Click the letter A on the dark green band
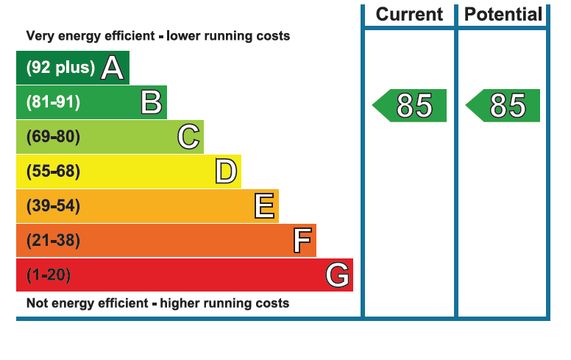pos(112,68)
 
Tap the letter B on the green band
pos(151,102)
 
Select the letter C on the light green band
pos(188,137)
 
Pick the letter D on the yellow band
pos(226,172)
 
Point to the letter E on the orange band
pos(264,206)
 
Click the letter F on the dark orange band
pos(302,241)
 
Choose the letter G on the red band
pos(338,275)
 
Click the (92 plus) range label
pos(60,68)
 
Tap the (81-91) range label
pos(53,102)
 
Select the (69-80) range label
pos(53,137)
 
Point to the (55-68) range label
pos(53,172)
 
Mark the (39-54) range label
pos(53,206)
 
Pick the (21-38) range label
pos(53,241)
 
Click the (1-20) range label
pos(49,275)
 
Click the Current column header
pos(409,14)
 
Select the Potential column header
pos(503,14)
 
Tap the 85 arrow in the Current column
pos(411,105)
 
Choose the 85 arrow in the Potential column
pos(504,105)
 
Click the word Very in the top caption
pos(40,36)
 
